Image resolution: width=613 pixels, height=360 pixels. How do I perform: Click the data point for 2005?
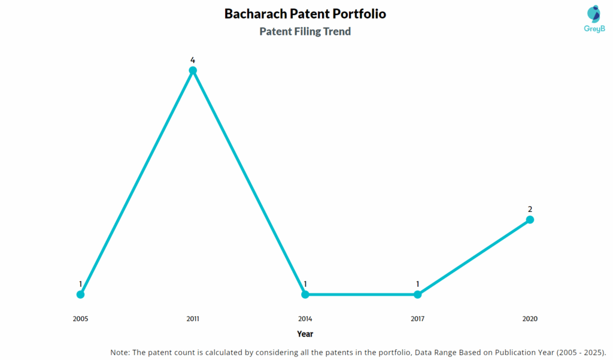pyautogui.click(x=80, y=294)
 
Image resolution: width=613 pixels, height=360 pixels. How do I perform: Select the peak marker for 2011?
pyautogui.click(x=193, y=70)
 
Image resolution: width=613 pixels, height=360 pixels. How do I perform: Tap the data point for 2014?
pyautogui.click(x=305, y=294)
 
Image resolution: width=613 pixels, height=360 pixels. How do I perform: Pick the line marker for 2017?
pyautogui.click(x=417, y=294)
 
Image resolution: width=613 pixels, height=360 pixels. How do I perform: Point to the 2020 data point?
pyautogui.click(x=530, y=220)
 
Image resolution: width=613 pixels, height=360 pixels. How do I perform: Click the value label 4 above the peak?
pyautogui.click(x=193, y=60)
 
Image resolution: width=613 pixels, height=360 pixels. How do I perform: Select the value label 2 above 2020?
pyautogui.click(x=530, y=209)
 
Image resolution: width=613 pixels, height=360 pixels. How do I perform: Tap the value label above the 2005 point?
pyautogui.click(x=80, y=284)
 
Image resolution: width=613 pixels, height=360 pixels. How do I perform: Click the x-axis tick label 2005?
pyautogui.click(x=80, y=319)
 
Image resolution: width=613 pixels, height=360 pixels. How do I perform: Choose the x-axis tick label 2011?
pyautogui.click(x=193, y=319)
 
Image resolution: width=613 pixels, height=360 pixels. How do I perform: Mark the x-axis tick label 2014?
pyautogui.click(x=305, y=319)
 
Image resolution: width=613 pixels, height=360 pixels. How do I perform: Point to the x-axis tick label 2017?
pyautogui.click(x=417, y=319)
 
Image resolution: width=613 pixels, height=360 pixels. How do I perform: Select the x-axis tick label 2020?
pyautogui.click(x=530, y=319)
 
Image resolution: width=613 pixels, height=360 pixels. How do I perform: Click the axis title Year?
pyautogui.click(x=305, y=334)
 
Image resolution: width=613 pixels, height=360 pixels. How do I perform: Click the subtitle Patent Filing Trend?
pyautogui.click(x=305, y=32)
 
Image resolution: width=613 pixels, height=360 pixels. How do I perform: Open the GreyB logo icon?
pyautogui.click(x=593, y=14)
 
